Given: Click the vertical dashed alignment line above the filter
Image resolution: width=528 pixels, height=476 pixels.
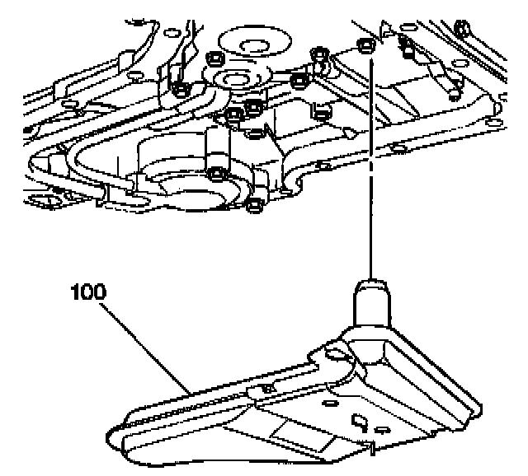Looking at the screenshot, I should pyautogui.click(x=370, y=165).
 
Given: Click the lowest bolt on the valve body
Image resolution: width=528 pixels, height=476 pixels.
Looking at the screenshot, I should pyautogui.click(x=255, y=203).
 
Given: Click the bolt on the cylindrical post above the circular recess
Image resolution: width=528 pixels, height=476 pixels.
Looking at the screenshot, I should pyautogui.click(x=216, y=173).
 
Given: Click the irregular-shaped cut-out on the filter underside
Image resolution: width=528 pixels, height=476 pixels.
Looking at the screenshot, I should pyautogui.click(x=361, y=422).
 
